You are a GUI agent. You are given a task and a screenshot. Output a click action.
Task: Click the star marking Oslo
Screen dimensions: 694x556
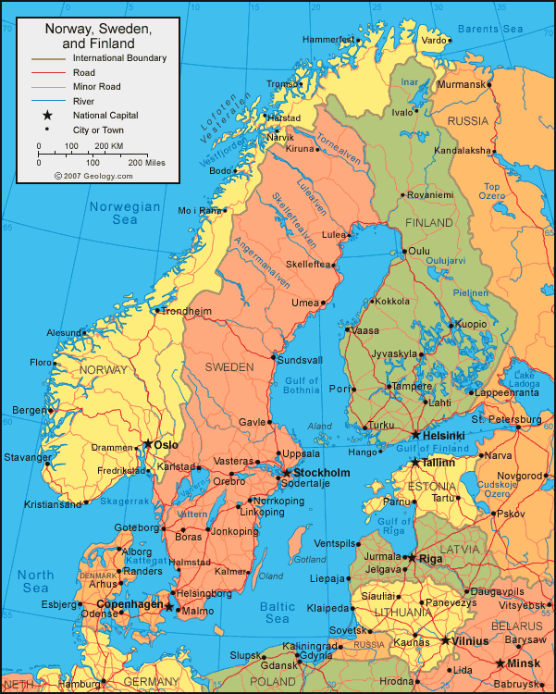coord(147,443)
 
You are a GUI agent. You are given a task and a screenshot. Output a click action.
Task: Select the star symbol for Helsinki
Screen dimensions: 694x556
coord(415,434)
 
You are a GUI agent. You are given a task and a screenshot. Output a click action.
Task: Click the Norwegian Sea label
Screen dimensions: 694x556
coord(125,213)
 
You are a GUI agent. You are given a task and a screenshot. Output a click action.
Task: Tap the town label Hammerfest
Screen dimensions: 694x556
coord(328,40)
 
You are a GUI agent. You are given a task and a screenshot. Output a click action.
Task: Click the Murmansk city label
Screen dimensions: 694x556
coord(461,84)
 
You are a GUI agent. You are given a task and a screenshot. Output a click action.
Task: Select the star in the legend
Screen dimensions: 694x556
coord(45,115)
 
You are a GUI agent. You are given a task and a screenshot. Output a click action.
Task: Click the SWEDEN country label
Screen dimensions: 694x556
coord(229,367)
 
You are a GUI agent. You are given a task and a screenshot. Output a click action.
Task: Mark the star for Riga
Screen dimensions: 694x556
coord(411,558)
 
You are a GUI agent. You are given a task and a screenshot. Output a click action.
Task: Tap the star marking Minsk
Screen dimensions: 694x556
coord(500,663)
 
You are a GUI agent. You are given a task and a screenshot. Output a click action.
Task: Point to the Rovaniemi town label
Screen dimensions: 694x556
coord(431,195)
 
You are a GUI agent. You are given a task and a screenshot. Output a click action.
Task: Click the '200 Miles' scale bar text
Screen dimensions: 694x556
coord(145,162)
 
